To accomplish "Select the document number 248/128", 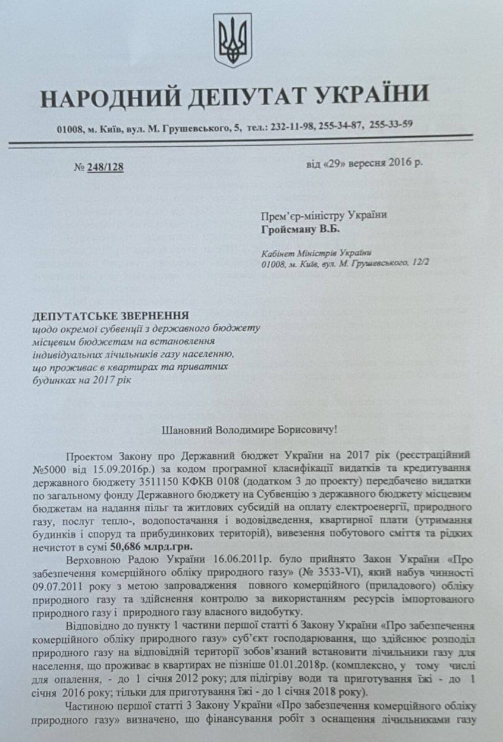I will (105, 167).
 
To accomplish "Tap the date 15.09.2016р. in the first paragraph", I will (111, 467).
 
